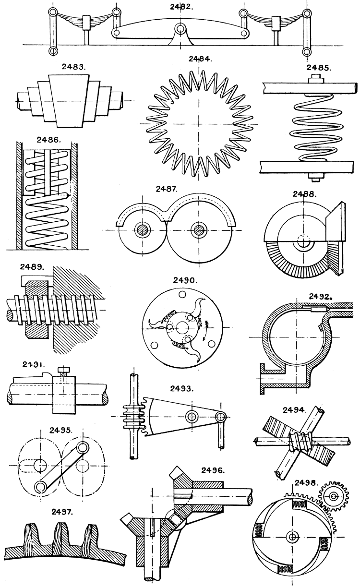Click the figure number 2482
tap(180, 7)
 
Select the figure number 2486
tap(48, 140)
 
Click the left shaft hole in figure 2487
tap(143, 229)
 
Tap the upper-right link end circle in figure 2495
tap(82, 448)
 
